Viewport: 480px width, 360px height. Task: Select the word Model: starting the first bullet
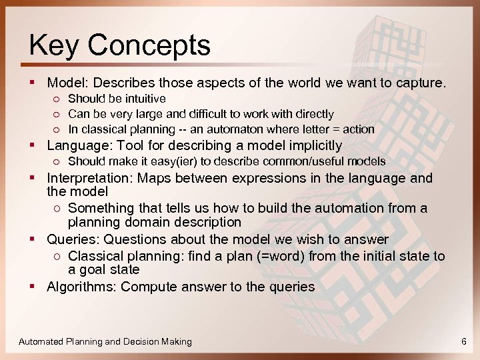click(68, 83)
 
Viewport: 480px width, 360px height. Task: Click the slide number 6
click(463, 341)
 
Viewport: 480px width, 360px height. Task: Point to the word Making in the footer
click(175, 341)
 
